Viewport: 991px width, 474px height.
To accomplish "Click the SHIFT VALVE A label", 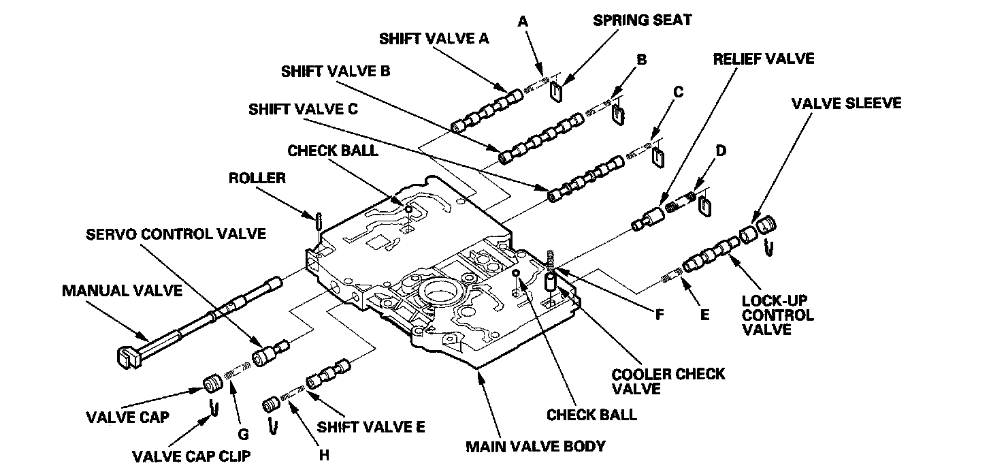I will [434, 39].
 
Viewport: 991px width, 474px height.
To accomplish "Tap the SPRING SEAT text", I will [642, 20].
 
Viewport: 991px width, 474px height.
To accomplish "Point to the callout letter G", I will [243, 434].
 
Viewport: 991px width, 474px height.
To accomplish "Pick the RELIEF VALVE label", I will [763, 59].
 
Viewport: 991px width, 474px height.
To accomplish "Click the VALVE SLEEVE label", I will [846, 104].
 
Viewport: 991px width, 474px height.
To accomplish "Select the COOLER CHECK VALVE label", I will [668, 381].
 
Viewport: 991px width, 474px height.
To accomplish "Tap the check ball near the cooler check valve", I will [517, 273].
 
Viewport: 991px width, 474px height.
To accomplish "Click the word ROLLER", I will [257, 179].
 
